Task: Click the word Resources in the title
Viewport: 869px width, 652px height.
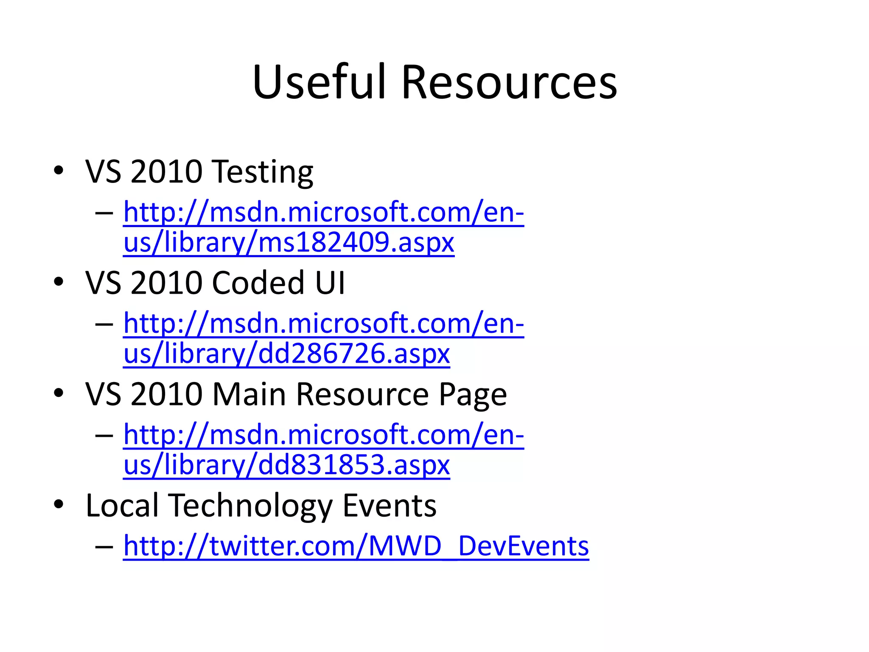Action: (509, 82)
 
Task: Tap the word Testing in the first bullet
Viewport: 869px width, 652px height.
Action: (263, 172)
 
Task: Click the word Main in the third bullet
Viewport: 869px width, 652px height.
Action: (249, 394)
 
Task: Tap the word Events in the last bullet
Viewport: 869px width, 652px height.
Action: (389, 506)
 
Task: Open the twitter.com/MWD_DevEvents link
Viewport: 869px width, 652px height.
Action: (356, 546)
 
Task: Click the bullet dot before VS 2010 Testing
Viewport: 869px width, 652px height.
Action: (59, 171)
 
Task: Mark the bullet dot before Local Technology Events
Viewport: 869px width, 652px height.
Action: (59, 504)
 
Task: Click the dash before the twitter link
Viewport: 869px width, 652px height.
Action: (104, 546)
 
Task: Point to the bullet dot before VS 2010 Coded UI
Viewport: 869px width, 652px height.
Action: (59, 281)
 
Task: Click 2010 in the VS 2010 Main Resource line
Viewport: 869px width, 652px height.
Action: (166, 394)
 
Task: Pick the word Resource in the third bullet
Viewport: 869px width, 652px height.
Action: (362, 394)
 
